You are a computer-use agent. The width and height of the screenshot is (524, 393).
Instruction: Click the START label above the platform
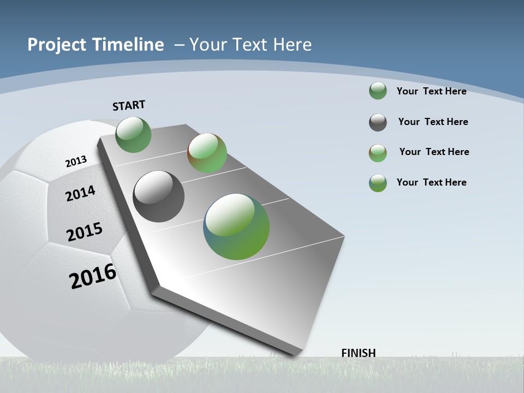129,105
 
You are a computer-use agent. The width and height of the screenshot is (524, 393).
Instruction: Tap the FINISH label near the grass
358,353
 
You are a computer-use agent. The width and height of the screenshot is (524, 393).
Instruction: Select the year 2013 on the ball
76,162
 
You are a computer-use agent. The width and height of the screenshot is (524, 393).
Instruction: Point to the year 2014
80,193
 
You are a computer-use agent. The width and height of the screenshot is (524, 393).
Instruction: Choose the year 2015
85,232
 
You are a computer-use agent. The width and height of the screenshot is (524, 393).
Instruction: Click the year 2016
93,276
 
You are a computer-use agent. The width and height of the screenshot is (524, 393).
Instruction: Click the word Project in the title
57,45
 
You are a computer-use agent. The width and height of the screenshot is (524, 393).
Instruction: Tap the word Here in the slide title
293,45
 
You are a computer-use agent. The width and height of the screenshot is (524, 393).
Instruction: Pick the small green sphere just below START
133,134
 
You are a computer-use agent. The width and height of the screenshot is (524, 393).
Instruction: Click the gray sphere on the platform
158,196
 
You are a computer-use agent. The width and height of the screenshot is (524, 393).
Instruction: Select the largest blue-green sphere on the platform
236,227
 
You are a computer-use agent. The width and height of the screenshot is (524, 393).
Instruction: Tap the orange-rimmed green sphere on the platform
207,153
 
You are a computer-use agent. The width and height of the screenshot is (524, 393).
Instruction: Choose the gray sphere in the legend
378,122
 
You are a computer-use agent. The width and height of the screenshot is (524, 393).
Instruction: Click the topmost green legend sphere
378,91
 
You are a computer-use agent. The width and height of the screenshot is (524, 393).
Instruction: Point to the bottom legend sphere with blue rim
378,183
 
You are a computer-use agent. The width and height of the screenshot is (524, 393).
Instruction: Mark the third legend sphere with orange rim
378,153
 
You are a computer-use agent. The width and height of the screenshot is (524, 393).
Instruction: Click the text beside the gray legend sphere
433,122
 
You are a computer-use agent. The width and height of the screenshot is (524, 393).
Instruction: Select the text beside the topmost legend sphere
431,91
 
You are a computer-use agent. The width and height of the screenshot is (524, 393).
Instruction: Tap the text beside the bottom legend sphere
431,182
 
